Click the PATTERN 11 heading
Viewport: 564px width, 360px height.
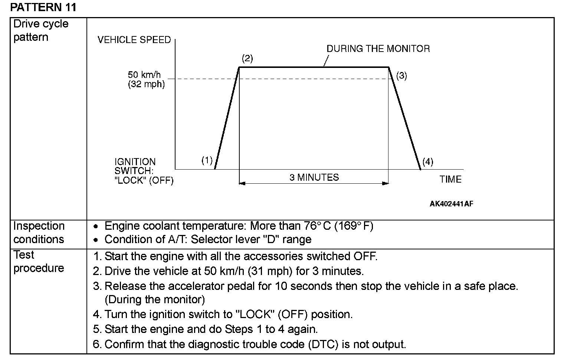tap(43, 7)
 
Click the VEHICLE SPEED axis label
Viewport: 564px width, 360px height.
tap(134, 40)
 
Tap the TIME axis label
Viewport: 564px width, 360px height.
tap(450, 179)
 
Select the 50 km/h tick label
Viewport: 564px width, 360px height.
tap(144, 75)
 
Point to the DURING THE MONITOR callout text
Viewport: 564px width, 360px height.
tap(378, 49)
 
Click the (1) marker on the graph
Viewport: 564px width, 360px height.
tap(207, 160)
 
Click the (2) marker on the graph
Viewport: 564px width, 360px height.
tap(247, 58)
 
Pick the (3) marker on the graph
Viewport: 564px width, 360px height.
tap(401, 76)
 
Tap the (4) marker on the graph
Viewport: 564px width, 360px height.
tap(427, 162)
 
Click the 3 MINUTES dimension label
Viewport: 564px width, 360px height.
tap(314, 177)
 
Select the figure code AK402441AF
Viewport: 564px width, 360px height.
tap(451, 204)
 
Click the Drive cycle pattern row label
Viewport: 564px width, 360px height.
tap(41, 30)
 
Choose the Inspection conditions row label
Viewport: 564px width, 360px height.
tap(39, 233)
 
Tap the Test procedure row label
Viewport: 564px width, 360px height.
tap(39, 261)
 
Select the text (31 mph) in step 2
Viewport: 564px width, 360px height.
tap(270, 271)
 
